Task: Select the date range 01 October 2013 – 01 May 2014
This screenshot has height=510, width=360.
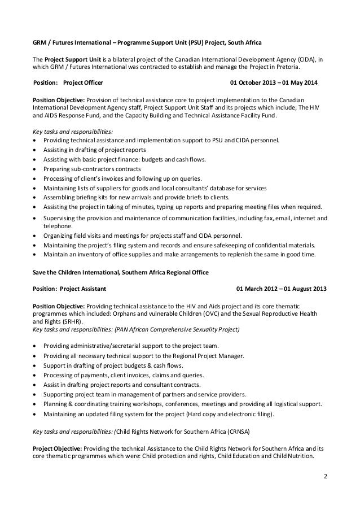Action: pos(275,84)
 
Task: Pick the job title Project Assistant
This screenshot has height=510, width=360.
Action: pos(85,289)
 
